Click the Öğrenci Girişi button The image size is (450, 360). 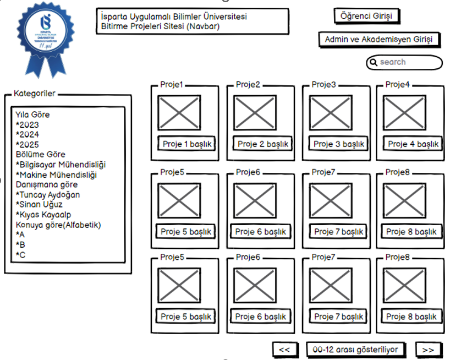[x=366, y=16]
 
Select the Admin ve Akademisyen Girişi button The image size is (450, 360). [x=379, y=40]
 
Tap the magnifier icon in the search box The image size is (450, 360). [x=374, y=62]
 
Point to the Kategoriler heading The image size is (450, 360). [x=34, y=94]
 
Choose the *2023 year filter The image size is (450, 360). [x=28, y=125]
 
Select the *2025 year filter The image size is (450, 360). [x=28, y=145]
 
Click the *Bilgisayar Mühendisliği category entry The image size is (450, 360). [x=61, y=165]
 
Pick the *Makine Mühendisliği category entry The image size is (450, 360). [x=56, y=175]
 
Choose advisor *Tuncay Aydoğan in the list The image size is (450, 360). [x=48, y=194]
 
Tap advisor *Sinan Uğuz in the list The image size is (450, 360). [x=39, y=204]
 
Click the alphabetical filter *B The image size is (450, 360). [x=20, y=244]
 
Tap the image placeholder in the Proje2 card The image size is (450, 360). [x=255, y=113]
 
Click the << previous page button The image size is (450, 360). [x=284, y=350]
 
